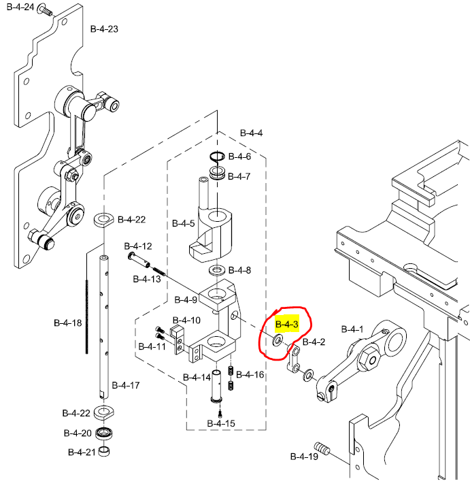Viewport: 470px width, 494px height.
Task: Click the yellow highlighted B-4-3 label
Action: [286, 324]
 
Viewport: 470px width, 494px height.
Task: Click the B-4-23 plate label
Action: [104, 29]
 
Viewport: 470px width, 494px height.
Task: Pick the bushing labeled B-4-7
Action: [219, 175]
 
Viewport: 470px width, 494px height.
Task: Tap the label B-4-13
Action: [147, 280]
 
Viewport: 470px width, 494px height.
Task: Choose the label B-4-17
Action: [126, 385]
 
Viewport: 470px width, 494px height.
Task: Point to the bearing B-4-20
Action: [104, 433]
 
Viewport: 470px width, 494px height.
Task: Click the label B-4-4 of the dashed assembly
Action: [251, 133]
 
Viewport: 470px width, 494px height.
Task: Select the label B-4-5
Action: [183, 223]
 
